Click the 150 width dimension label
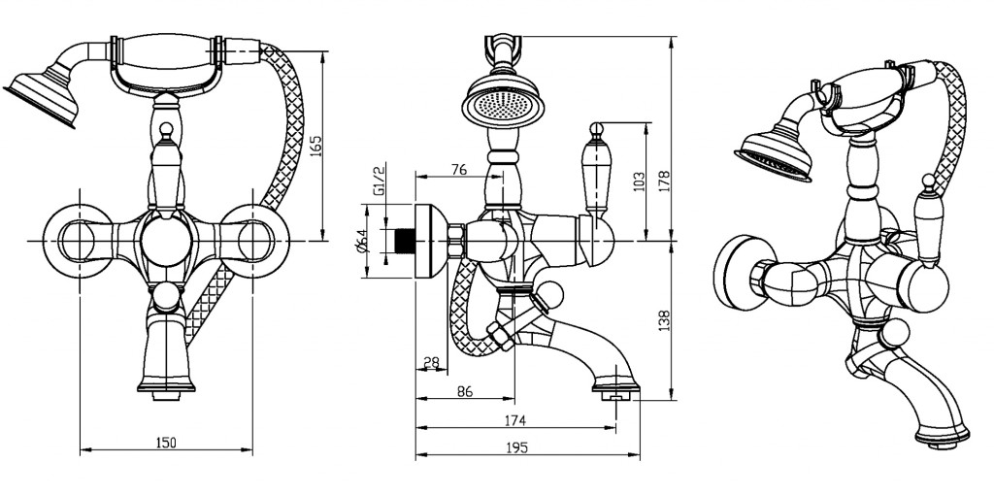pyautogui.click(x=166, y=443)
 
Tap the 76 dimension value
pyautogui.click(x=459, y=170)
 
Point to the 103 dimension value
pyautogui.click(x=638, y=181)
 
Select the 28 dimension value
pyautogui.click(x=430, y=362)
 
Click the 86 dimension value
pyautogui.click(x=464, y=392)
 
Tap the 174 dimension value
pyautogui.click(x=514, y=421)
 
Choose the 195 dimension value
pyautogui.click(x=516, y=447)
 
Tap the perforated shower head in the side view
pyautogui.click(x=503, y=101)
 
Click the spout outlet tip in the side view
pyautogui.click(x=615, y=391)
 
